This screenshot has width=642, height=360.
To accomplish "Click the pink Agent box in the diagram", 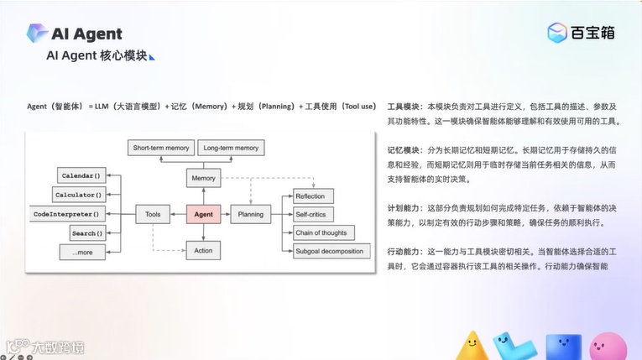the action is tap(203, 215).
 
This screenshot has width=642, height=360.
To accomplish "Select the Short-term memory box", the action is tap(160, 148).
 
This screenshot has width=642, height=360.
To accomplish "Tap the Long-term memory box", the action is tap(231, 148).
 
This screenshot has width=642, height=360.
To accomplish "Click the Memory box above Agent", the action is tap(203, 178).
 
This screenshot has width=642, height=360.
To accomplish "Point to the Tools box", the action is tap(152, 215).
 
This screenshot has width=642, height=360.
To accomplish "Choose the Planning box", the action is tap(250, 215).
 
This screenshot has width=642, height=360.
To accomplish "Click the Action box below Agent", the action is tap(203, 250).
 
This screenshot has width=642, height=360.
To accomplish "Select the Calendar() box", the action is tap(81, 176).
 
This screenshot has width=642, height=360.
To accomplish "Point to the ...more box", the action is tap(82, 251).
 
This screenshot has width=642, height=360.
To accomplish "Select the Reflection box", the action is tap(309, 196).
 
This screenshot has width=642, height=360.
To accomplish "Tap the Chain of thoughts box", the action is tap(320, 232).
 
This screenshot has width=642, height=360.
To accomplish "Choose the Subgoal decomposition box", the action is tap(329, 251).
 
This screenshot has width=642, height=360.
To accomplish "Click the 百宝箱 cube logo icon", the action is tap(556, 34).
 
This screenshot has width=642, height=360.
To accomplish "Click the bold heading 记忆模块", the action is tap(405, 149).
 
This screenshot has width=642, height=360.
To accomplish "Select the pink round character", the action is tap(608, 347).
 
